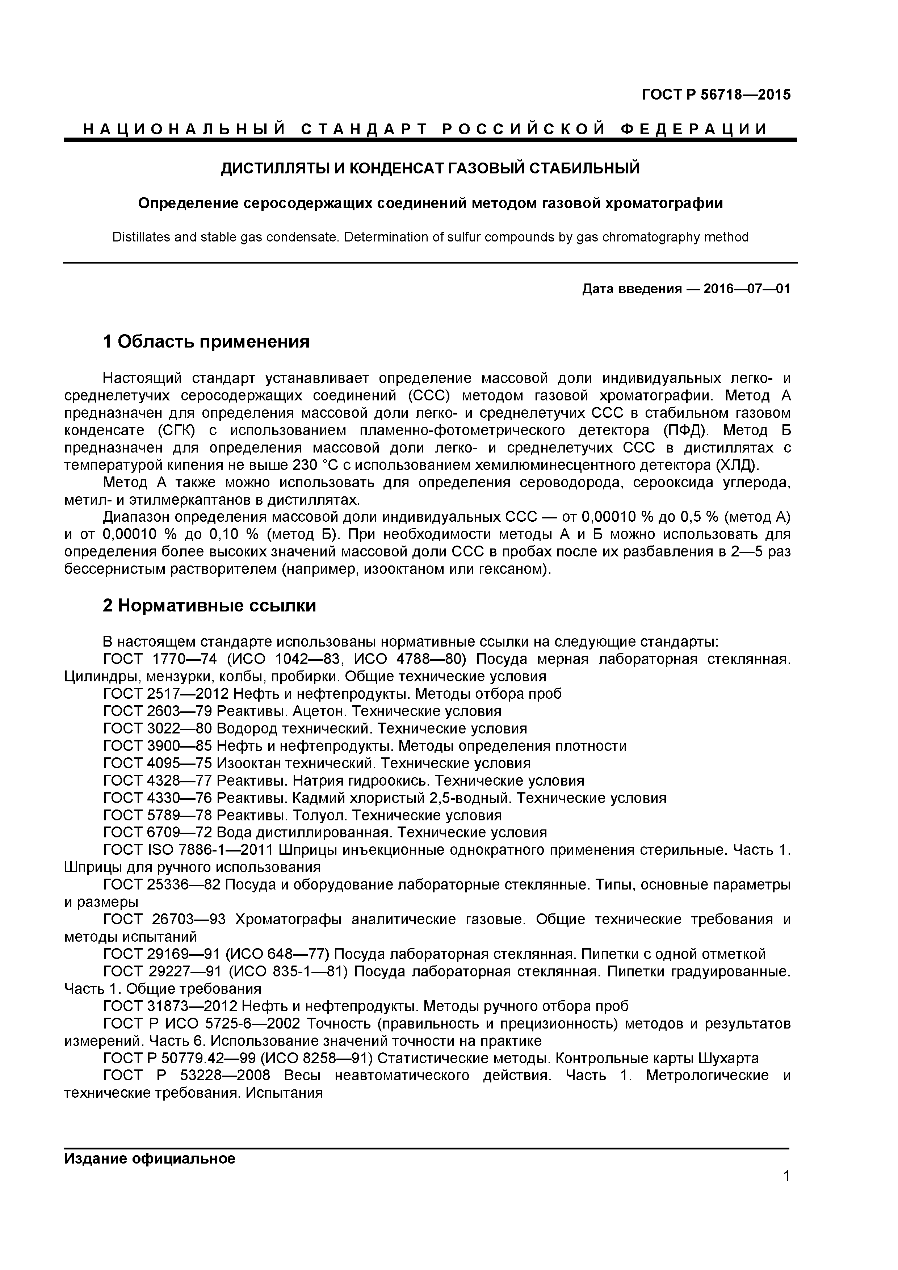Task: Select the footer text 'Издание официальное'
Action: click(150, 1158)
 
